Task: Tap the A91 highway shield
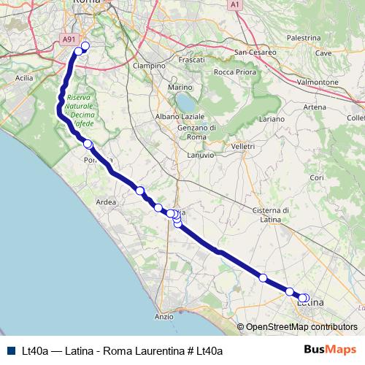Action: (x=69, y=41)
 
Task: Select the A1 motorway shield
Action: (x=235, y=4)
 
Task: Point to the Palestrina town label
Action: (x=304, y=37)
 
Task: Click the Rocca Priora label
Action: (x=234, y=72)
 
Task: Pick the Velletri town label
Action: (x=242, y=147)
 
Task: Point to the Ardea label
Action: (x=106, y=202)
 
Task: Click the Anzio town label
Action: (x=164, y=317)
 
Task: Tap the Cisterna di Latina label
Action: (x=271, y=215)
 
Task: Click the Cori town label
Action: (x=316, y=177)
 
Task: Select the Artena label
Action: (x=315, y=107)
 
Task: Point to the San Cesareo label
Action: (x=255, y=53)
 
